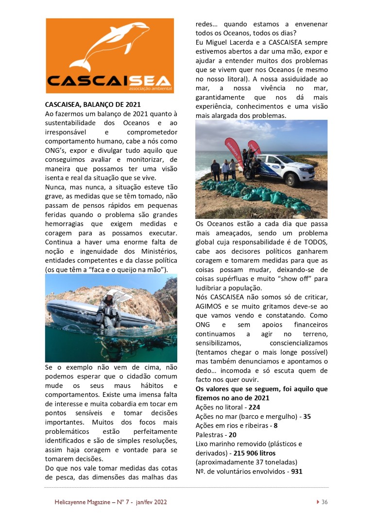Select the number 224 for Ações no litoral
click(x=254, y=407)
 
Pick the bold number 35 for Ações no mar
click(x=306, y=416)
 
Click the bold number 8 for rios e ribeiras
click(x=275, y=425)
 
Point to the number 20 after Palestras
click(x=233, y=434)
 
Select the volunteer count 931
click(x=297, y=471)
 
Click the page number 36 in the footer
click(x=324, y=502)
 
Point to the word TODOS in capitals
click(x=315, y=242)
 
